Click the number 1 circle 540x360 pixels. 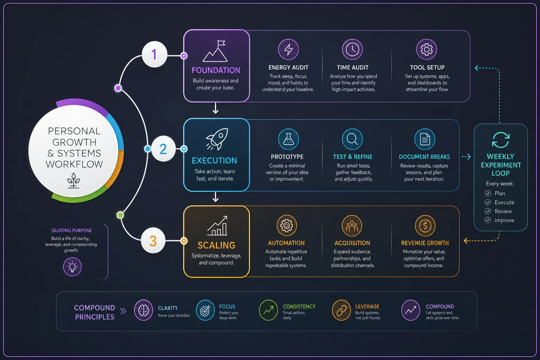[154, 54]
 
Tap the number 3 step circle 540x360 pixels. [153, 240]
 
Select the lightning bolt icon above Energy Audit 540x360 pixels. [288, 50]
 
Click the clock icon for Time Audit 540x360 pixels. [353, 50]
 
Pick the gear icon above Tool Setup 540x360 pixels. [426, 50]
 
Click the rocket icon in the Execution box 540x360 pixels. [217, 139]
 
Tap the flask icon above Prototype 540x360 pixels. [288, 139]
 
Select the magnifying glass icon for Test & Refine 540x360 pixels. [352, 139]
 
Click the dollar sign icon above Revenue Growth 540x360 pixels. [425, 226]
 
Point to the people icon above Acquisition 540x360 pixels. [352, 226]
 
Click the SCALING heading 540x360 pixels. [216, 245]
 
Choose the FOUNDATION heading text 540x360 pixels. [216, 70]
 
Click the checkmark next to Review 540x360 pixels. [488, 211]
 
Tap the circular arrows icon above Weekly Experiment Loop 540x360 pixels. [501, 140]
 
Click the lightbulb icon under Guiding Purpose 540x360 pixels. [72, 267]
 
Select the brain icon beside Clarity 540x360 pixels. [143, 310]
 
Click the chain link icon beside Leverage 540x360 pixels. [341, 310]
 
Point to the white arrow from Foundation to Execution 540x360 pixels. [216, 108]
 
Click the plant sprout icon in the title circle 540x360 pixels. [73, 180]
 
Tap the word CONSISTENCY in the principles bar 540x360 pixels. [299, 307]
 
